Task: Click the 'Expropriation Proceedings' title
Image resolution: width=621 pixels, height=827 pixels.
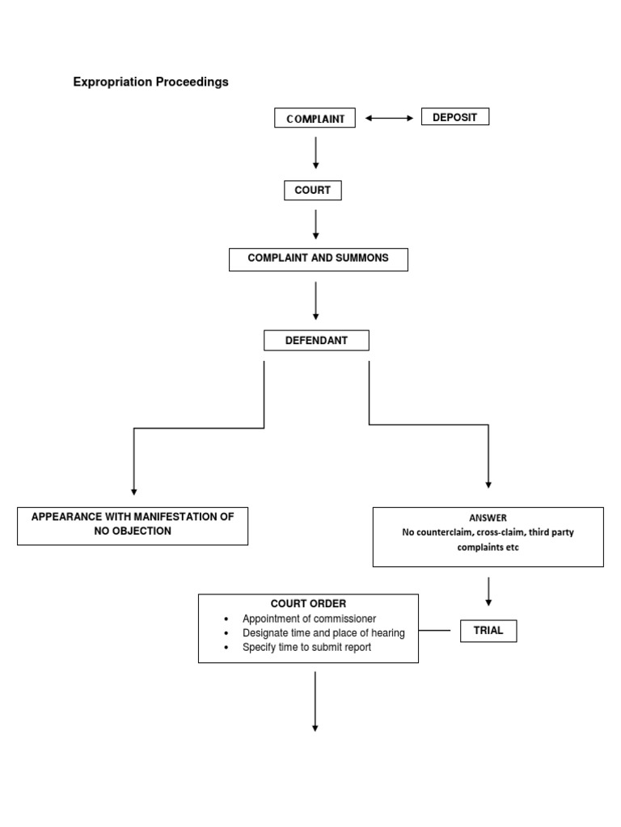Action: click(x=150, y=82)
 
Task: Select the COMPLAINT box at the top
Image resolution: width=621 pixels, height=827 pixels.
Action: click(x=315, y=119)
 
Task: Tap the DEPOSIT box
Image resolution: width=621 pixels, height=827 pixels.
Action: click(x=454, y=117)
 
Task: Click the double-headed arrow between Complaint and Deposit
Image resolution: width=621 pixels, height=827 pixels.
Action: click(x=389, y=118)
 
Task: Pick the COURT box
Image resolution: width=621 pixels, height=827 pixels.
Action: click(x=313, y=191)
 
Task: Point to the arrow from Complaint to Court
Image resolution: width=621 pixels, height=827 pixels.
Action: click(x=315, y=153)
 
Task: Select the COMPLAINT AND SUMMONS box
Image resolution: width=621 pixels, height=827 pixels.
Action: click(x=319, y=258)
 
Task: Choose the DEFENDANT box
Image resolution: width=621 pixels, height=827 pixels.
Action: click(x=316, y=340)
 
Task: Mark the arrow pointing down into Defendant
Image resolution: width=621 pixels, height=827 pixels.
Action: click(x=315, y=304)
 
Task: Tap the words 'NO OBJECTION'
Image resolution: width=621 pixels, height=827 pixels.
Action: click(x=133, y=531)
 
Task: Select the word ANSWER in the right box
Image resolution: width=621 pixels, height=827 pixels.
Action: click(x=488, y=518)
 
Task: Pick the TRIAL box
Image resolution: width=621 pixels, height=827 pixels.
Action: click(x=488, y=631)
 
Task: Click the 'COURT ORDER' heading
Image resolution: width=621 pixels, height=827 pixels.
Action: click(x=308, y=603)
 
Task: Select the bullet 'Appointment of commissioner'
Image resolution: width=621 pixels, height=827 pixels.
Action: click(x=309, y=619)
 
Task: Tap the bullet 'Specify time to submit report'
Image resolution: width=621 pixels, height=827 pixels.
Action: click(x=306, y=648)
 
